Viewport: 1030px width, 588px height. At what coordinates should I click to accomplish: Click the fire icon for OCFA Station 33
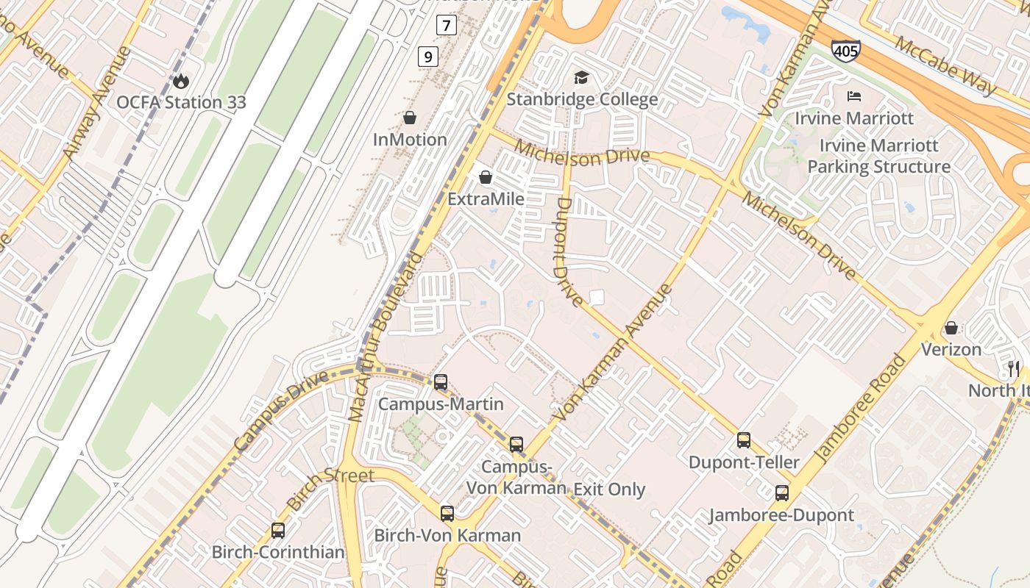[x=181, y=79]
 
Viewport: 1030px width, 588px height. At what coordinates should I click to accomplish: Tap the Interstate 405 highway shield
[x=845, y=51]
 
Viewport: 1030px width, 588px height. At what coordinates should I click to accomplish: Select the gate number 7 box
[x=446, y=26]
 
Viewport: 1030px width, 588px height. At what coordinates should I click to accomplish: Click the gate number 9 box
[x=428, y=56]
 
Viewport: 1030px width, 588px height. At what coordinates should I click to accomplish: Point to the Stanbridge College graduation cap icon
[x=581, y=77]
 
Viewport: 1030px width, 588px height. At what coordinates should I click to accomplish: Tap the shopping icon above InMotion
[x=410, y=118]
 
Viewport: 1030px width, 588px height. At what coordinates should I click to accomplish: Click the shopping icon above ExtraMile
[x=486, y=177]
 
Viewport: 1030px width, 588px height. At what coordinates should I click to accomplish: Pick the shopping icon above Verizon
[x=951, y=327]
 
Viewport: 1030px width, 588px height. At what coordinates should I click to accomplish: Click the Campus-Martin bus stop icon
[x=441, y=382]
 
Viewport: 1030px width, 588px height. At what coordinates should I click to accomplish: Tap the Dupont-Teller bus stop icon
[x=744, y=440]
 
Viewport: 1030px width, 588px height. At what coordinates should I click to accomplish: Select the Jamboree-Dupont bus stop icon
[x=781, y=493]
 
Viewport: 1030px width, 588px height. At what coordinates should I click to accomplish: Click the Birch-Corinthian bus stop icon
[x=278, y=530]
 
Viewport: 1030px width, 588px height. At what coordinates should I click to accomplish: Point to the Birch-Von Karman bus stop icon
[x=447, y=513]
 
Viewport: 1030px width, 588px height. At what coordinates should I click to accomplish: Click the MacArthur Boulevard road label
[x=386, y=338]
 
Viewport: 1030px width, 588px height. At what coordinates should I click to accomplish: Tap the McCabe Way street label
[x=945, y=65]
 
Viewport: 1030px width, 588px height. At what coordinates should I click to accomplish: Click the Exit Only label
[x=609, y=490]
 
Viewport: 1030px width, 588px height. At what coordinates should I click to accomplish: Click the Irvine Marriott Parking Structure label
[x=878, y=157]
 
